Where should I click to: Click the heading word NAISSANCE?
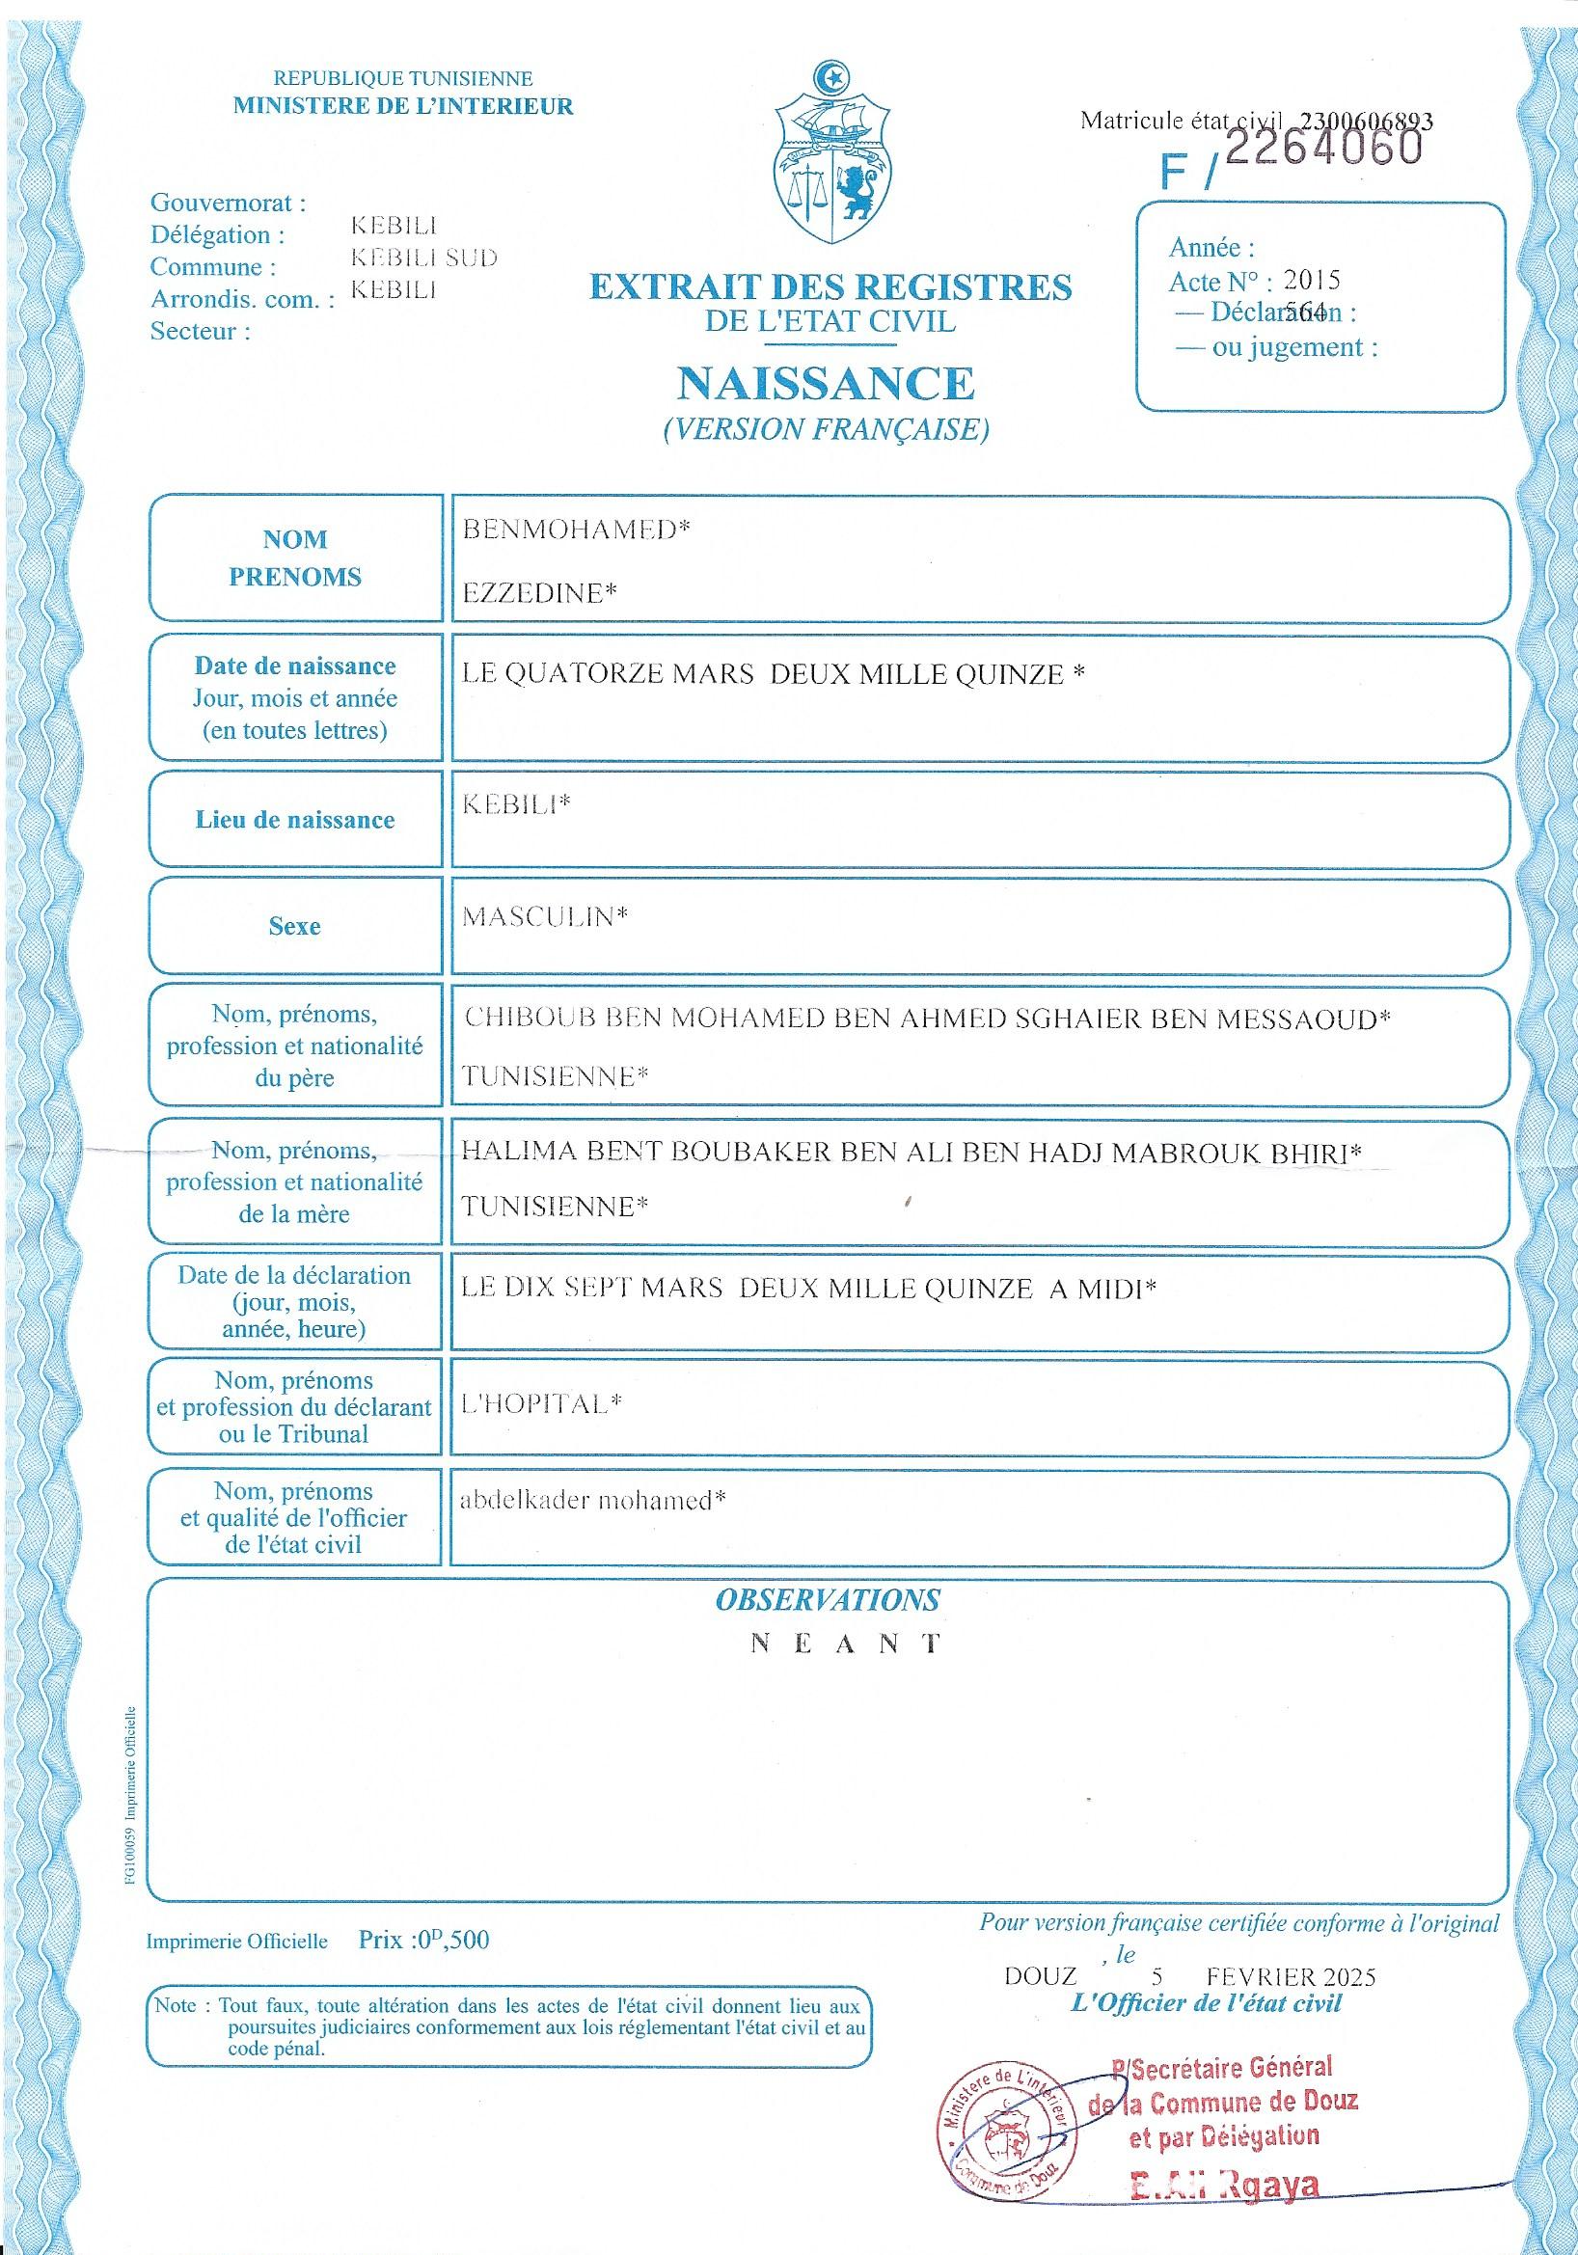coord(826,383)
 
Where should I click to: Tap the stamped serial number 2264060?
coord(1324,148)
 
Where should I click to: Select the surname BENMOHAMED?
coord(576,530)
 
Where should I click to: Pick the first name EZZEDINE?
coord(538,592)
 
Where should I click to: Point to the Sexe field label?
coord(294,925)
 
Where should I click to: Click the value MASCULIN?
coord(544,916)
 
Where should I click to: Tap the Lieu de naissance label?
coord(294,820)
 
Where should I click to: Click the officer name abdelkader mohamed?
coord(593,1500)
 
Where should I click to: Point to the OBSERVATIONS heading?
coord(827,1600)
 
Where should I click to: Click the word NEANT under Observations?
coord(846,1644)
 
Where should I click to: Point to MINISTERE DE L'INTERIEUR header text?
coord(402,106)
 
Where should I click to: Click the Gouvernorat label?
coord(228,204)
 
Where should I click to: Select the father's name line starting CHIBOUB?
coord(926,1019)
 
